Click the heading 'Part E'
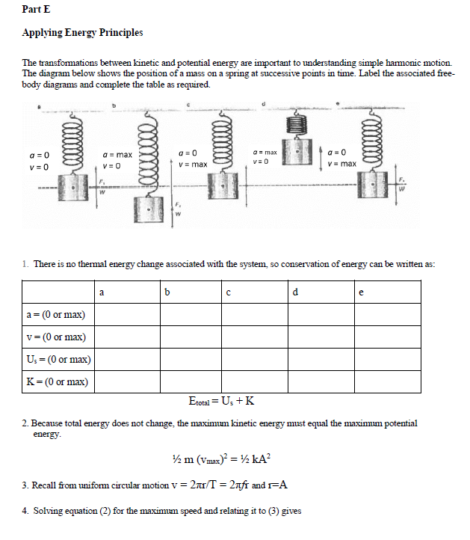tap(36, 10)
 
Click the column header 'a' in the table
tap(102, 293)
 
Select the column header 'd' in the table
tap(296, 293)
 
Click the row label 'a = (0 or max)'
tap(56, 315)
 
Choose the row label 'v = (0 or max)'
tap(56, 337)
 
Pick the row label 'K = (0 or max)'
tap(56, 382)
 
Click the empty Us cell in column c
tap(256, 360)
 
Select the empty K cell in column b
tap(191, 382)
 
